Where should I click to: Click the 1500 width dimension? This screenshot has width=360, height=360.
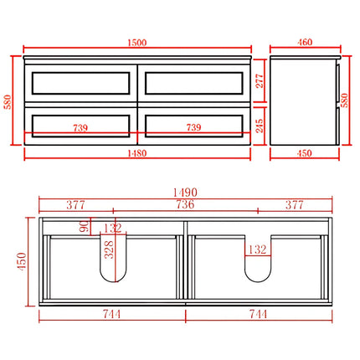click(138, 40)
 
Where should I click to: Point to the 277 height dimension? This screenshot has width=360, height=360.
click(260, 80)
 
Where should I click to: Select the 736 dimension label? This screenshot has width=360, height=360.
click(185, 204)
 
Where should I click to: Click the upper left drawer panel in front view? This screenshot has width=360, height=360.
click(81, 82)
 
